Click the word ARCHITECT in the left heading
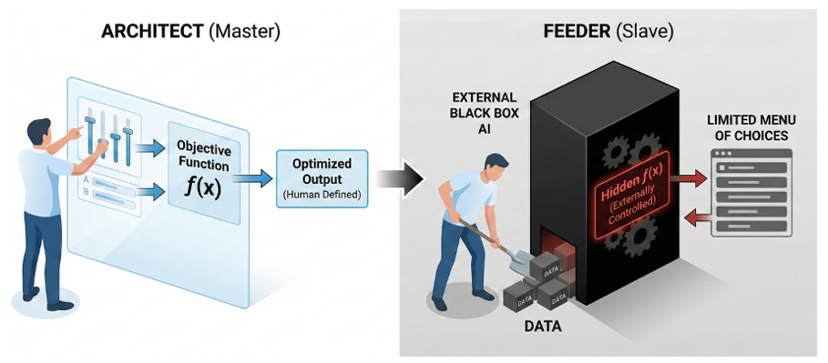coord(152,31)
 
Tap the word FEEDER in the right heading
coord(578,31)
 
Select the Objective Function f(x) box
coord(203,164)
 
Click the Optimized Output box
coord(322,177)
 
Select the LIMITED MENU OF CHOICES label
coord(751,128)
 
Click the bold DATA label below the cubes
coord(543,327)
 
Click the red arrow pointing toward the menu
coord(690,179)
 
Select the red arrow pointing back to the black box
coord(694,216)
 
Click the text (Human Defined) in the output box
coord(322,195)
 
